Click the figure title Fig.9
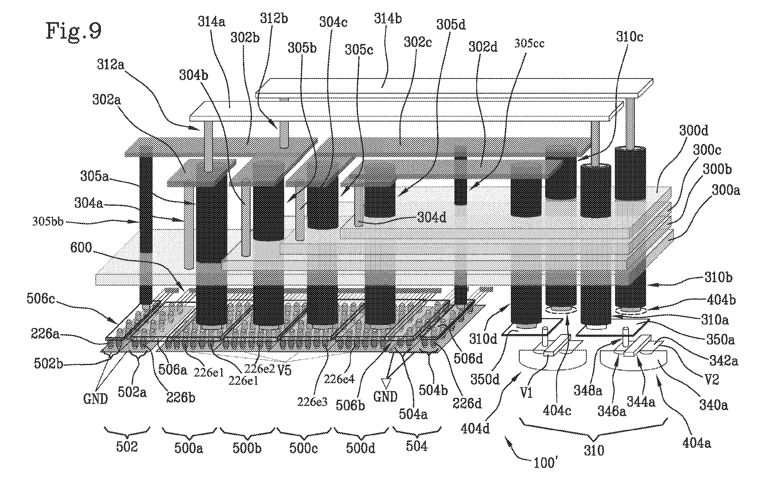point(74,31)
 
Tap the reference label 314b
point(388,19)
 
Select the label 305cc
point(529,43)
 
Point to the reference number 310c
point(629,37)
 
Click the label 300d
point(694,130)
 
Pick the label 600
point(81,247)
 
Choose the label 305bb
point(48,222)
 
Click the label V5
point(284,370)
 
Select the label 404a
point(697,443)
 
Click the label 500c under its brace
point(303,448)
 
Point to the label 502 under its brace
point(127,447)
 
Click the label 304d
point(432,218)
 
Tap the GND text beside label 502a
point(95,399)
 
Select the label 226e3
point(312,402)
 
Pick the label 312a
point(111,65)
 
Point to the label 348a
point(587,391)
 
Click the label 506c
point(41,299)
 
